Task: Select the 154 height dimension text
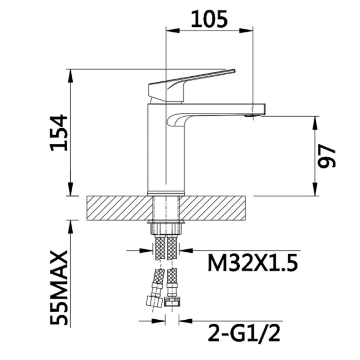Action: point(59,133)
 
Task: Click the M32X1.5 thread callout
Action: point(252,262)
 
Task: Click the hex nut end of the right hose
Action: point(172,302)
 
